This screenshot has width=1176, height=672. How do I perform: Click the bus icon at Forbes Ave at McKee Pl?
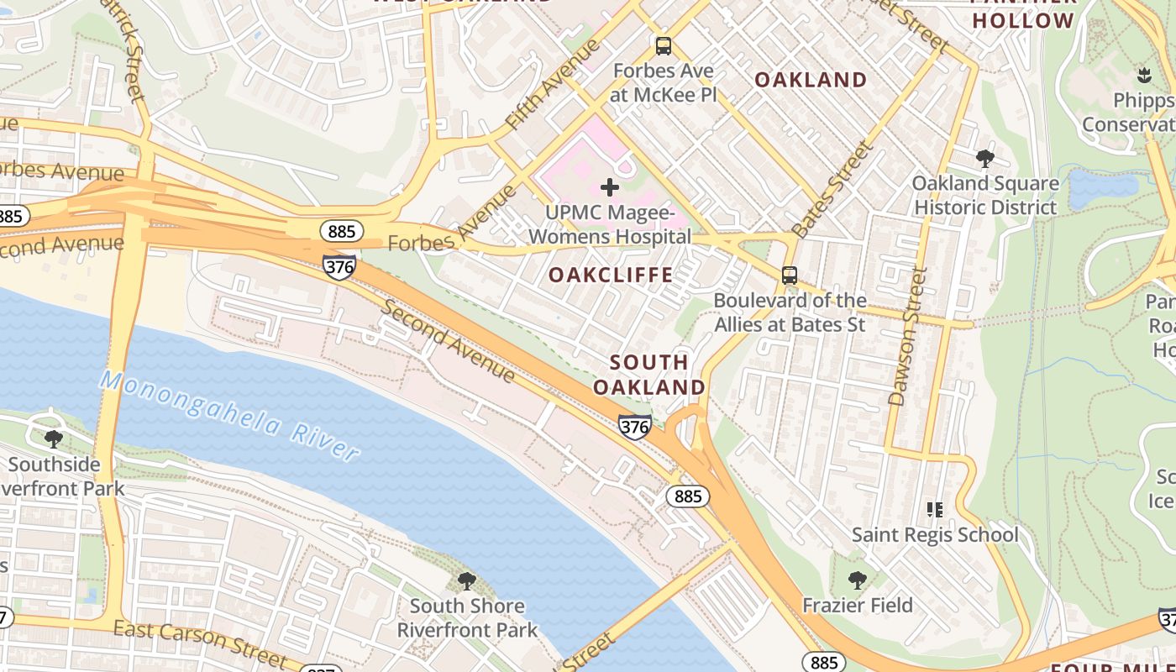664,46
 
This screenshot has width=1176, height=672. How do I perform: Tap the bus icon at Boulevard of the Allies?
789,275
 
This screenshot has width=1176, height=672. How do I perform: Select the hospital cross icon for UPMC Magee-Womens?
610,187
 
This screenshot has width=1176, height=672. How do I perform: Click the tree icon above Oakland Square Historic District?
985,158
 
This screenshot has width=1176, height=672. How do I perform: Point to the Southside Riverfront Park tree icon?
53,438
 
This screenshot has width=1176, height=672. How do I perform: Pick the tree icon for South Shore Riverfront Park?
466,580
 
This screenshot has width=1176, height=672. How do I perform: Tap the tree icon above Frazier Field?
857,580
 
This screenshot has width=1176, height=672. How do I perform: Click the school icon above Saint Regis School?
934,510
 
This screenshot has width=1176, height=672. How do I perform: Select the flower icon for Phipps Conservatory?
1143,76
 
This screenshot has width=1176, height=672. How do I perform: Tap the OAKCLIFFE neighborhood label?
611,275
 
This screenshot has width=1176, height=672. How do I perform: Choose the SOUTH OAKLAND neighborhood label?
649,375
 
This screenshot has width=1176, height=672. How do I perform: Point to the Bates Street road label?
832,190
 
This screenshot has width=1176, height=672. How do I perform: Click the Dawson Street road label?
908,336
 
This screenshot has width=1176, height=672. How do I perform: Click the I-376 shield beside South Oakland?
634,427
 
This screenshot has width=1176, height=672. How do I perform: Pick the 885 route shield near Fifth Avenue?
341,231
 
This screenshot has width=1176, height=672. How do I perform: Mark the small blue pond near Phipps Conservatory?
1102,188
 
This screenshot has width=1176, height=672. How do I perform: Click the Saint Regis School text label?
934,534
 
